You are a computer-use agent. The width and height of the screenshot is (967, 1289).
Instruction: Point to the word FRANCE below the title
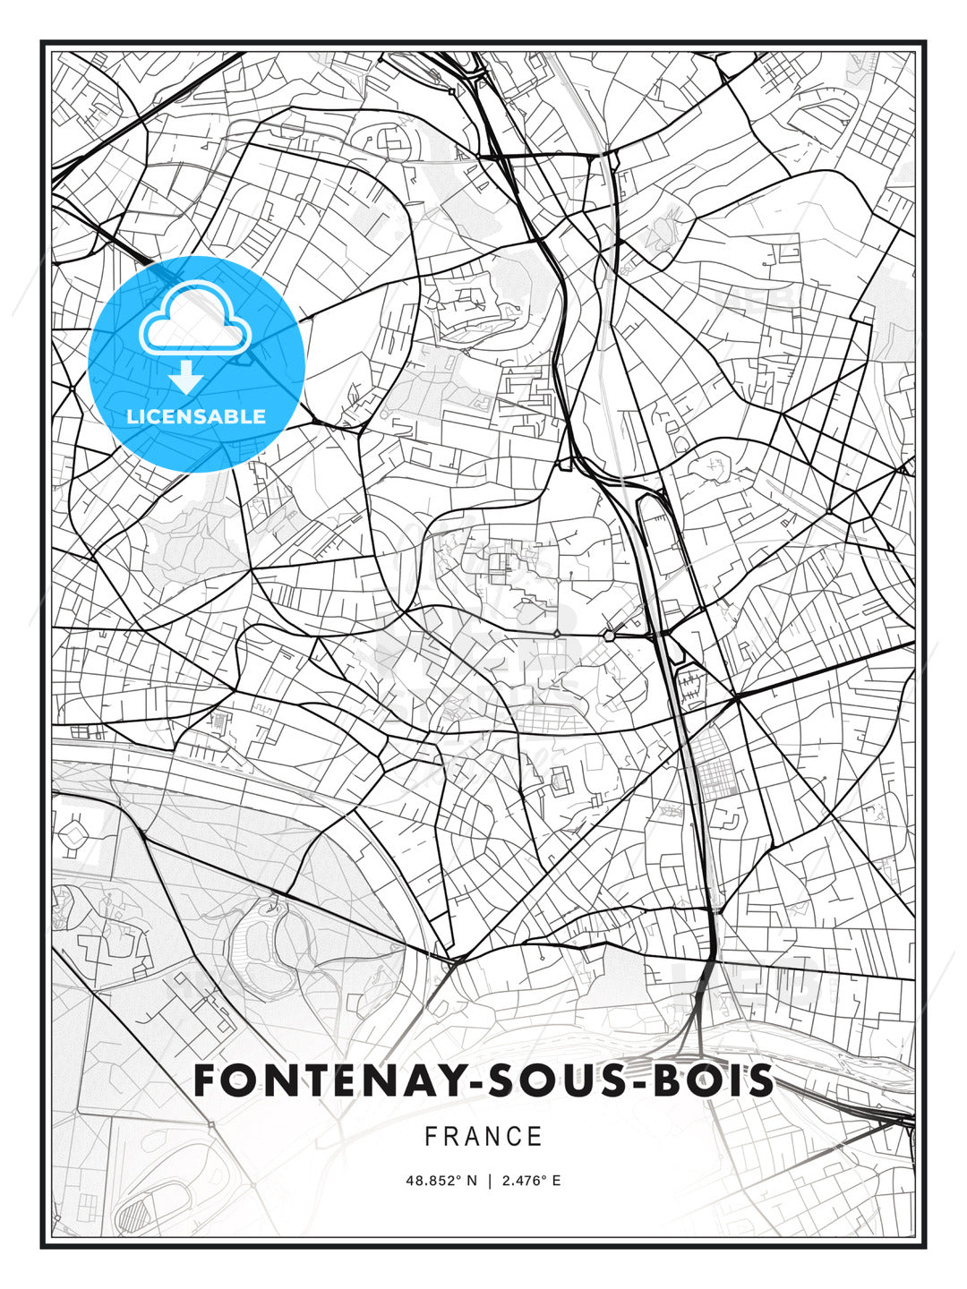coord(483,1137)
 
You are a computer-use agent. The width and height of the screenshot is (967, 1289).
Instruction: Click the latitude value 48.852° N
coord(441,1181)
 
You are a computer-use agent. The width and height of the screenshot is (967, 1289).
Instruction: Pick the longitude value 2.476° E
coord(531,1181)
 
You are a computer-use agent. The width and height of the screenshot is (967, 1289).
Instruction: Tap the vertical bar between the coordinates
coord(489,1181)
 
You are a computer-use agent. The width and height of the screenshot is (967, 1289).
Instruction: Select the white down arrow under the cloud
coord(186,377)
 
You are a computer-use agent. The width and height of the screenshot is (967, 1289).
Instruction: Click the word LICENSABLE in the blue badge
coord(196,416)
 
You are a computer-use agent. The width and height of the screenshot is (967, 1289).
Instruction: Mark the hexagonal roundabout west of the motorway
coord(610,636)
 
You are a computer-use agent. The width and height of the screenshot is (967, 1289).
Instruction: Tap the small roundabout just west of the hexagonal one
coord(557,634)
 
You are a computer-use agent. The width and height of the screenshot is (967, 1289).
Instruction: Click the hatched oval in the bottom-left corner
coord(136,1216)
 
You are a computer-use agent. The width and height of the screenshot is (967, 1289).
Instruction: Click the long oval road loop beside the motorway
coord(658,537)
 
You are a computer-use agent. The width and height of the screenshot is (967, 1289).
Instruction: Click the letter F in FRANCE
coord(431,1137)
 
